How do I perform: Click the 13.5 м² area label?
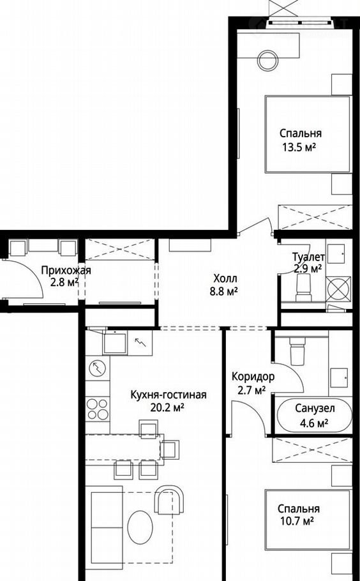click(299, 148)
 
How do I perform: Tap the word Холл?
click(225, 278)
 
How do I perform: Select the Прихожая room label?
click(66, 271)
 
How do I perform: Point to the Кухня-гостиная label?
click(168, 395)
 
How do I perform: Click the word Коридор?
click(253, 377)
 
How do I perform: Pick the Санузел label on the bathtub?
click(315, 409)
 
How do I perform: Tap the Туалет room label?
click(308, 257)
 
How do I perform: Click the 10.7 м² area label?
click(297, 522)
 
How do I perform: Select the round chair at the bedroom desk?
click(268, 60)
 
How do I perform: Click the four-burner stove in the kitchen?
click(98, 409)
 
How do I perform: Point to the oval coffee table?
click(140, 527)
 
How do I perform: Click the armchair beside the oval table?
click(169, 499)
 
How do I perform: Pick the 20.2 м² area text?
click(168, 408)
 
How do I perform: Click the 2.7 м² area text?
click(251, 390)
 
